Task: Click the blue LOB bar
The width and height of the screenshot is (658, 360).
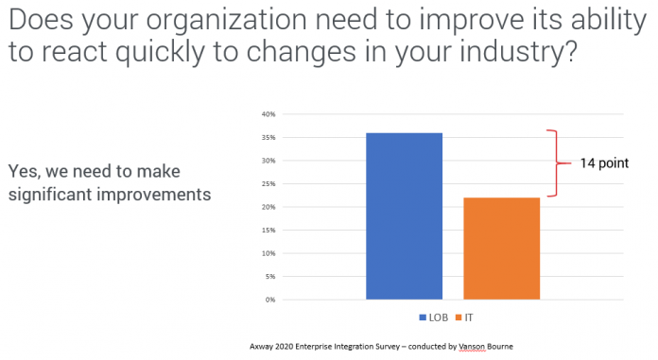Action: pyautogui.click(x=404, y=215)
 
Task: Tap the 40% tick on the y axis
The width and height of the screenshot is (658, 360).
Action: pyautogui.click(x=268, y=114)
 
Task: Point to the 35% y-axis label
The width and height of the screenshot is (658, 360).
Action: pyautogui.click(x=268, y=138)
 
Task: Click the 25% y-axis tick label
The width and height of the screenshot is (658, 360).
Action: pyautogui.click(x=268, y=184)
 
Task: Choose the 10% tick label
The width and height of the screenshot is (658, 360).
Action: pyautogui.click(x=268, y=253)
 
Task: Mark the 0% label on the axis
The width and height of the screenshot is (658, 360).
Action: pyautogui.click(x=270, y=300)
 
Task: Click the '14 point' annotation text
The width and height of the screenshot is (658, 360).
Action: pyautogui.click(x=604, y=163)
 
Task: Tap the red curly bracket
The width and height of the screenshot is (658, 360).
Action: pyautogui.click(x=554, y=163)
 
